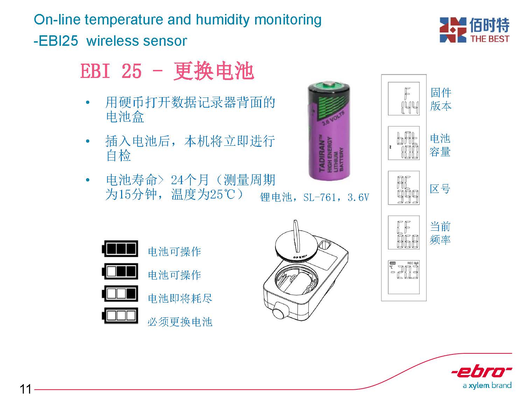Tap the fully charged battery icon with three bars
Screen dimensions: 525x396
point(120,249)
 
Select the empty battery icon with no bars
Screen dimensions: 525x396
point(120,316)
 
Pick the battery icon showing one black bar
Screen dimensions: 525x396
point(120,293)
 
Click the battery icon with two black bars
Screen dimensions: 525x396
point(120,271)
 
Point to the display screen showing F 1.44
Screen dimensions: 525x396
point(404,99)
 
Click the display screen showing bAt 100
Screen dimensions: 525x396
point(404,143)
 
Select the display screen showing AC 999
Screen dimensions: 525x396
point(404,187)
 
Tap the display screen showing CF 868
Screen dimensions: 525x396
point(404,232)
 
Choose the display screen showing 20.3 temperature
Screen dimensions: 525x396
point(404,277)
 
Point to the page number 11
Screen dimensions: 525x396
point(25,389)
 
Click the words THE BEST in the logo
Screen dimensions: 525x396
point(490,39)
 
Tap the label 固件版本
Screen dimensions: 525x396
point(441,99)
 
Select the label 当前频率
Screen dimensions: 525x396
point(440,233)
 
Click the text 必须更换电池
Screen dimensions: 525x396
point(180,322)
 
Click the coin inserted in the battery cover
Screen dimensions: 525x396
point(296,236)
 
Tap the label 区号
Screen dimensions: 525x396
point(440,189)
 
